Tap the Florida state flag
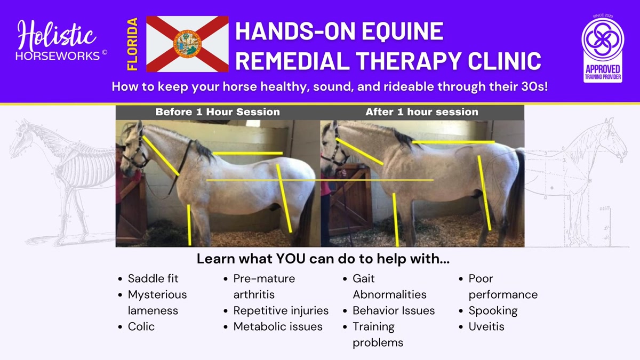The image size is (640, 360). click(x=187, y=44)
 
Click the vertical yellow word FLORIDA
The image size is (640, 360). click(x=132, y=44)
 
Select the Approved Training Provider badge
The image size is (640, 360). click(x=603, y=49)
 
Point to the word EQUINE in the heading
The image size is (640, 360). click(x=403, y=31)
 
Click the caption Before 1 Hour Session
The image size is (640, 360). click(x=218, y=112)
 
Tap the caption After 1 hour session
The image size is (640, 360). click(x=422, y=112)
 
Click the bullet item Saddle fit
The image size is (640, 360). click(x=153, y=278)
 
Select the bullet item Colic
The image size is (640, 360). click(x=141, y=326)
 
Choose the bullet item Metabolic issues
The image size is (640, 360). click(x=278, y=326)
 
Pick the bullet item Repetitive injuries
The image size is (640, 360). click(x=281, y=311)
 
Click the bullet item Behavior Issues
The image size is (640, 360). click(x=394, y=310)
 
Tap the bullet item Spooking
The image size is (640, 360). click(x=493, y=311)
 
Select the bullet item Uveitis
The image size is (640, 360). click(x=486, y=326)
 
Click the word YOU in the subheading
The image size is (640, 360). click(x=291, y=259)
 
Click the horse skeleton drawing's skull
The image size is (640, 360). click(x=19, y=138)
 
